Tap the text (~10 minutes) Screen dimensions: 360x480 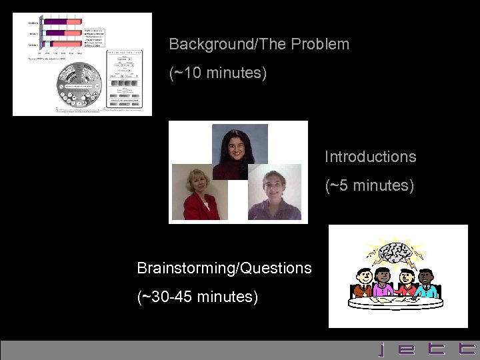(218, 72)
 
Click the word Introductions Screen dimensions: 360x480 (370, 157)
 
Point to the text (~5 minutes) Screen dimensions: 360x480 (369, 185)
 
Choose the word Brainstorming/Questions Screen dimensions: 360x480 (224, 268)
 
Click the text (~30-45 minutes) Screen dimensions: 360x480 (197, 296)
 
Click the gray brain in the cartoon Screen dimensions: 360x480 (397, 252)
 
